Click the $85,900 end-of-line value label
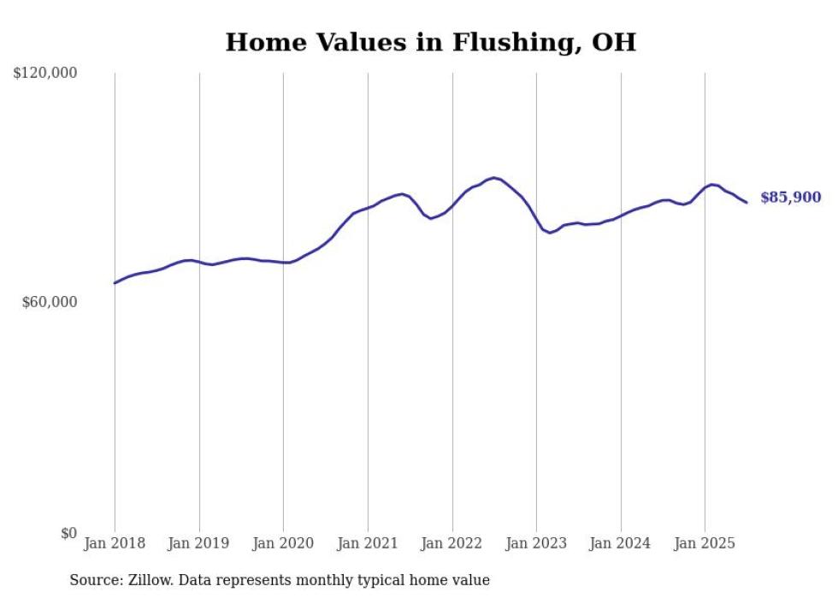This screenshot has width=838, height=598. coord(790,198)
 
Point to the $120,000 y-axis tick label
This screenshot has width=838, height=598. coord(45,74)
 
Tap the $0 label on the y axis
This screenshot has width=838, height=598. coord(68,533)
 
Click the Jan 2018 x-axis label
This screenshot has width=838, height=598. coord(115,543)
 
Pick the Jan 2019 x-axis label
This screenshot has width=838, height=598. coord(199,543)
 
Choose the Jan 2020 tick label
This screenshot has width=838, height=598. coord(284,543)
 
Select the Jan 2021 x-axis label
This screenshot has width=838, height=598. coord(368,543)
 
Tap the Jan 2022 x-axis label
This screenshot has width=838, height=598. coord(452,543)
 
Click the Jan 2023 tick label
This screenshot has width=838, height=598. coord(536,543)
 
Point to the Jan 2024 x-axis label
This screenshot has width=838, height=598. coord(621,543)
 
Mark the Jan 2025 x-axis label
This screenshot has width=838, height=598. coord(705,543)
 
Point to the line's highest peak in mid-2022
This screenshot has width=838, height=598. coord(494,178)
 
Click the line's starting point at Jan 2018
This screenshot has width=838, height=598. coord(115,282)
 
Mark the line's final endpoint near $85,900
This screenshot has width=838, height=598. coord(747,203)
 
